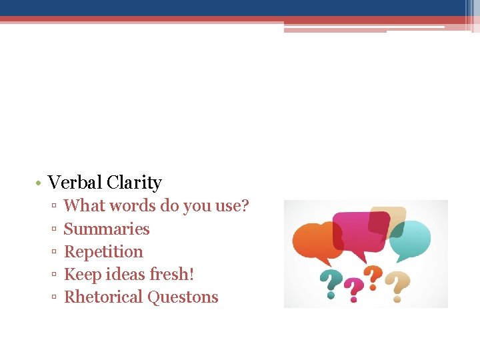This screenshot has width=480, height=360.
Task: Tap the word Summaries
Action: click(107, 229)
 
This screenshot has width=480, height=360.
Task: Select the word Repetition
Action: click(103, 252)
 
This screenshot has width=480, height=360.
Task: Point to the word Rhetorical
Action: click(103, 297)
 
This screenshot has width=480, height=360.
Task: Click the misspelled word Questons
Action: click(183, 297)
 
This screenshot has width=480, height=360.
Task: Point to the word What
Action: click(84, 206)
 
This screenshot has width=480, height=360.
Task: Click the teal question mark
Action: click(328, 283)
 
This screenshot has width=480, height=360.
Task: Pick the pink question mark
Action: click(353, 289)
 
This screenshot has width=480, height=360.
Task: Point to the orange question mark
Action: click(375, 277)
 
